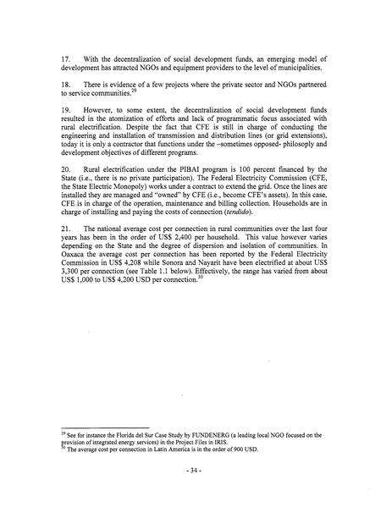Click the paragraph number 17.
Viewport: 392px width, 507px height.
[66, 58]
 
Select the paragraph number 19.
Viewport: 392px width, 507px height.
[66, 133]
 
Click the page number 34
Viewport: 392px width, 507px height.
[196, 468]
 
